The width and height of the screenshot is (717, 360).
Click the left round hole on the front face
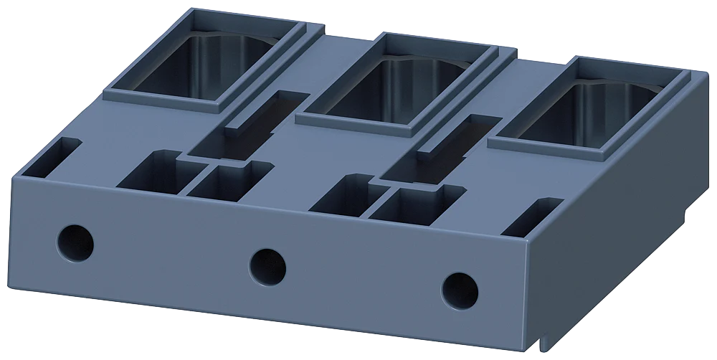pyautogui.click(x=75, y=242)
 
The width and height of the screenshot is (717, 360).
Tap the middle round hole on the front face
pyautogui.click(x=267, y=265)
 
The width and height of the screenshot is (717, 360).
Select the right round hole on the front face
pyautogui.click(x=460, y=289)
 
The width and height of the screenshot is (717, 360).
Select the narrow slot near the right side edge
pyautogui.click(x=533, y=218)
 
